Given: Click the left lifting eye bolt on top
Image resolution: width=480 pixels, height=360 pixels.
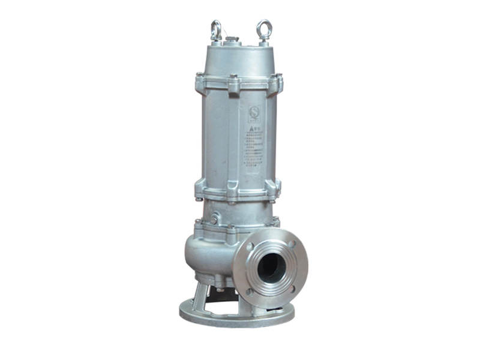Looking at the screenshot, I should coord(216,29).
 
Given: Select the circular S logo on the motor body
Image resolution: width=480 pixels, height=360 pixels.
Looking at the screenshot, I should coord(254,112).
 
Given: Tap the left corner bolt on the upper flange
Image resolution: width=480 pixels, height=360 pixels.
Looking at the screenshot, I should coord(199,82).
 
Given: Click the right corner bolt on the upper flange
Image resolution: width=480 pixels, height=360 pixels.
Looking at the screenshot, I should coord(278,83).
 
